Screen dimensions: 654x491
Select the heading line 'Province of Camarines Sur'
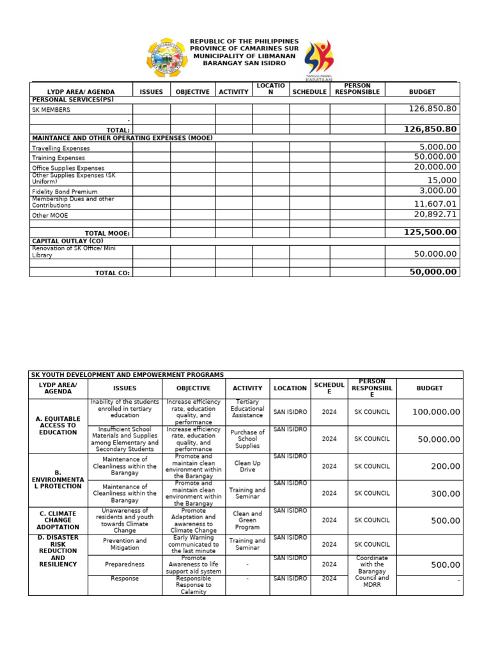click(244, 49)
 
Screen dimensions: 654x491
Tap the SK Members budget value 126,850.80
click(433, 109)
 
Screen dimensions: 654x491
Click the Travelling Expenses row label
click(61, 148)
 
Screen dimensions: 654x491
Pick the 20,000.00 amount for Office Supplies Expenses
click(435, 167)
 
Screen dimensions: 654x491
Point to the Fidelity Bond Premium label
click(65, 192)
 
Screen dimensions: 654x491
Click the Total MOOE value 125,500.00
click(430, 232)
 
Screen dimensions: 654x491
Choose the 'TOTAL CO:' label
click(113, 273)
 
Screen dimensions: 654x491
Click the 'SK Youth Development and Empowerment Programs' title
click(128, 375)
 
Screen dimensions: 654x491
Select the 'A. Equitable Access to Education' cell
click(58, 425)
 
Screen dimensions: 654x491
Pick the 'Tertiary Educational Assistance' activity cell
click(247, 412)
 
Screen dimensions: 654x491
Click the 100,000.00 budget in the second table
click(436, 412)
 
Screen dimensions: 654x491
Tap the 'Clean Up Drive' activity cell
click(247, 466)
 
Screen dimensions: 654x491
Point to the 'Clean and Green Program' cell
click(247, 521)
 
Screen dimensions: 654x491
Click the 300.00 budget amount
click(445, 494)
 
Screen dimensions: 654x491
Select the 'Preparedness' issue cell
click(125, 565)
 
